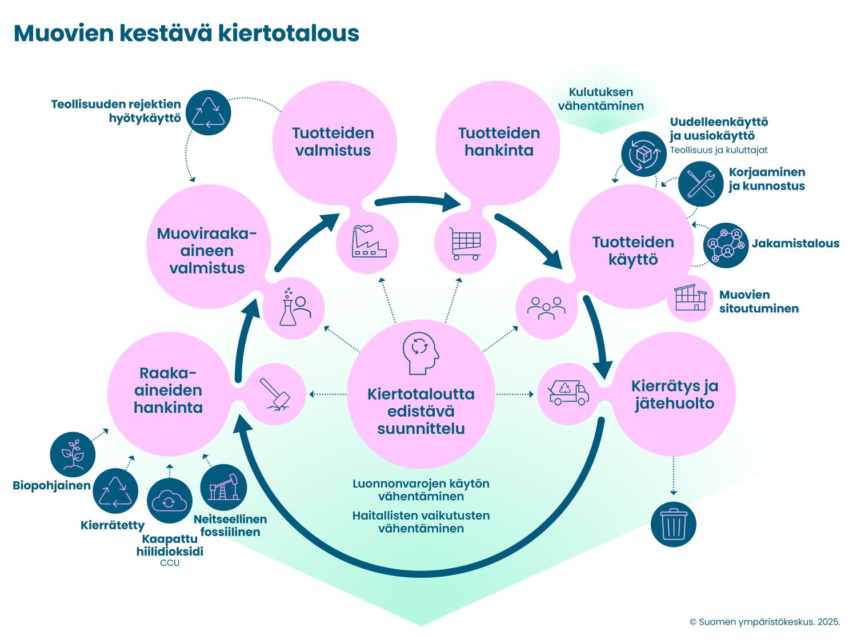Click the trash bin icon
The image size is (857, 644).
point(673,524)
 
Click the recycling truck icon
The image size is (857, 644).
point(568,393)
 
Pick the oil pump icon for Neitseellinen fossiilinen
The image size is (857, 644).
point(223,487)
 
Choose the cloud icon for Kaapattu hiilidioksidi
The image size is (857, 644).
point(169,501)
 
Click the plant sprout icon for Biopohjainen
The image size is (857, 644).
point(73,454)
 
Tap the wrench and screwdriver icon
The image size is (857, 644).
point(701,184)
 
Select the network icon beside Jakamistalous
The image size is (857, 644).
point(726,245)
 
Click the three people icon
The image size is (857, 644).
point(546,308)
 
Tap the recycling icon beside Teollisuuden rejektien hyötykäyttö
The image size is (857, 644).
point(209,112)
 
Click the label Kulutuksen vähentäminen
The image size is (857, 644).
point(600,99)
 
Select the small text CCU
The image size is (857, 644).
point(170,563)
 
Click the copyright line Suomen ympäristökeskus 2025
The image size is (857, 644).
point(764,622)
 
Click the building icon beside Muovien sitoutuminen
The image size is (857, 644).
point(690,297)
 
